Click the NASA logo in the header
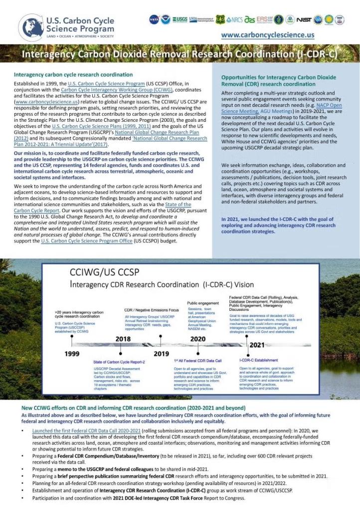coord(154,19)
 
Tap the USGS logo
coord(180,19)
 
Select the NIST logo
coord(304,19)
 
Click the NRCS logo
coord(234,19)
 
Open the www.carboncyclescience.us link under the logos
coord(267,35)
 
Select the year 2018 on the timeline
coord(123,338)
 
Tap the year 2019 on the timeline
coord(161,354)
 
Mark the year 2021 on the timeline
coord(256,345)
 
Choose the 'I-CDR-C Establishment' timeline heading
coord(259,360)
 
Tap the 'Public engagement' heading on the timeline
coord(202,303)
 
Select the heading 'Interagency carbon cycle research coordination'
coord(73,74)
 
